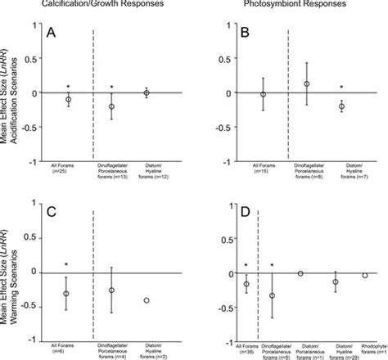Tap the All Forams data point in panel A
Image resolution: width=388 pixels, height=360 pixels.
tap(68, 99)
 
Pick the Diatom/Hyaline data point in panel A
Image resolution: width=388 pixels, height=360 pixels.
tap(147, 93)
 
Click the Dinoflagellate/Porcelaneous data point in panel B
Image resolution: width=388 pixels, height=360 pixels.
tap(307, 84)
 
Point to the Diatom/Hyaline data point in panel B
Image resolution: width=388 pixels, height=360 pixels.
tap(341, 106)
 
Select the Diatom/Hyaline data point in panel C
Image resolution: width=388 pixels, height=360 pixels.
tap(147, 300)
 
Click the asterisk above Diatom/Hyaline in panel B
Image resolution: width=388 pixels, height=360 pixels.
tap(341, 88)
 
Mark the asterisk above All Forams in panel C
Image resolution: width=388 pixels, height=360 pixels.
tap(67, 266)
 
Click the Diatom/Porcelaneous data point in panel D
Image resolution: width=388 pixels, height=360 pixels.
tap(300, 273)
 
